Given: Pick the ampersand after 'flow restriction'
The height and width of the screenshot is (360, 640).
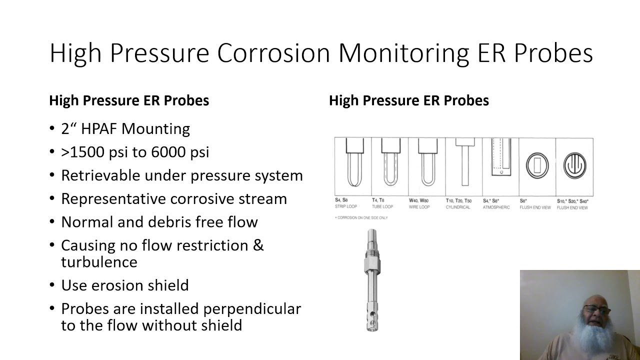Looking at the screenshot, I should [x=258, y=245].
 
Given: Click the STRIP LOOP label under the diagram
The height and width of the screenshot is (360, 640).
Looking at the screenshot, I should [x=346, y=207].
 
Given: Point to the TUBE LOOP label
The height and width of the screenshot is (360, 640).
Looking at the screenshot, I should [x=382, y=207].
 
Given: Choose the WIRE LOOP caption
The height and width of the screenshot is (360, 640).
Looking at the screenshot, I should [x=419, y=207].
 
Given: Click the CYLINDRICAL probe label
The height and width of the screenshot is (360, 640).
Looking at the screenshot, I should [x=458, y=207].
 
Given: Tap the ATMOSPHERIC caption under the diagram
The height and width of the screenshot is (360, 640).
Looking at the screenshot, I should [x=496, y=207].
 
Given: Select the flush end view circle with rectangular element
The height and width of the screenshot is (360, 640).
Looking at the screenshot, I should [x=537, y=166].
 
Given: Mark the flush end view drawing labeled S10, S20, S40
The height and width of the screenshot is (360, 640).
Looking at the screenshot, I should [x=575, y=166].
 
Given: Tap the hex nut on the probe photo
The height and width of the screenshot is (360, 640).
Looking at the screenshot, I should [x=372, y=264].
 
